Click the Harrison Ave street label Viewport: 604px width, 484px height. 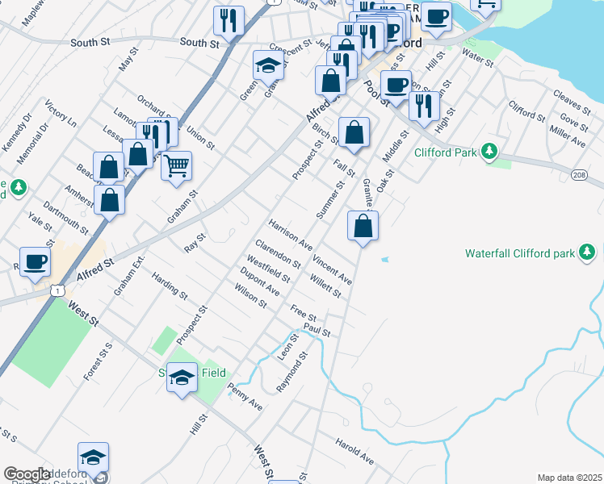[x=291, y=232]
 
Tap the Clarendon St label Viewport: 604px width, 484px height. [x=278, y=253]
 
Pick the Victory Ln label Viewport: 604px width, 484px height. [x=61, y=115]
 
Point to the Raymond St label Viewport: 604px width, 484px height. [x=292, y=371]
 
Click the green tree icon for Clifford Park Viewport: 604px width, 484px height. [x=489, y=151]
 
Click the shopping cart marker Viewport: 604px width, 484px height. [x=176, y=167]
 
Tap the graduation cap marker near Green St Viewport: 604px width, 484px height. [x=268, y=65]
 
